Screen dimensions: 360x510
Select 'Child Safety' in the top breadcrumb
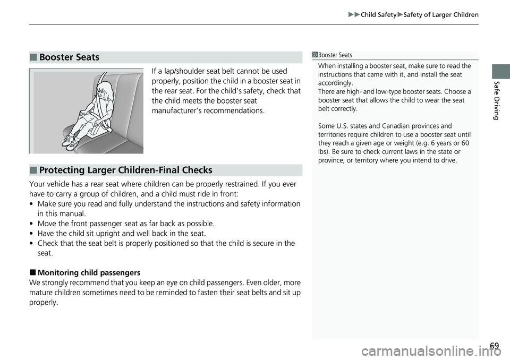click(x=378, y=15)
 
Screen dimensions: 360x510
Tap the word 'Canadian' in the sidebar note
click(x=392, y=126)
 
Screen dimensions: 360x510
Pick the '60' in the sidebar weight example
click(x=466, y=143)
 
